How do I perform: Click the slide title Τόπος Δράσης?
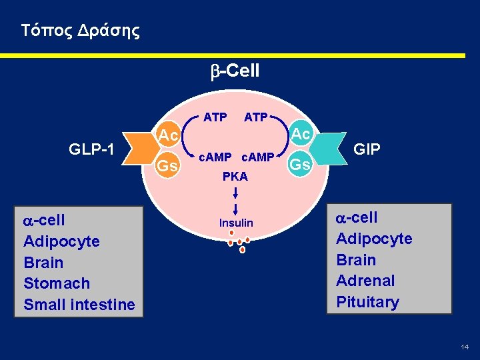[80, 31]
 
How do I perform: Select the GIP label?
[367, 149]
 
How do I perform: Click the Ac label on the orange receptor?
[168, 135]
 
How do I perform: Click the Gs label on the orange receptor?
[168, 166]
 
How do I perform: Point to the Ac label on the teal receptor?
[301, 134]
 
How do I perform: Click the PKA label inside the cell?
[235, 177]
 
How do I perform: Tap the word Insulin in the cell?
[237, 222]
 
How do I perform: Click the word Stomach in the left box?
[57, 283]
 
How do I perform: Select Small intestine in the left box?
[79, 305]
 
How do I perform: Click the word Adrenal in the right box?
[365, 281]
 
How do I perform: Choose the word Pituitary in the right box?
[367, 302]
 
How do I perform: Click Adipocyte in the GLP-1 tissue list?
[61, 241]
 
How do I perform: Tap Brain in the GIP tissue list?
[356, 260]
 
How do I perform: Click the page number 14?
[465, 347]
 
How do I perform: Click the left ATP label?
[214, 118]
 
